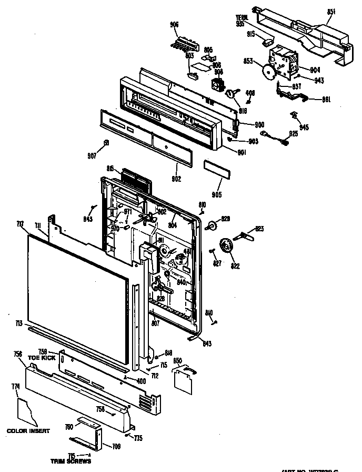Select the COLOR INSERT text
(28, 431)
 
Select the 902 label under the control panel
(176, 179)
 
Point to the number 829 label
(226, 218)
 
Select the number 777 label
(21, 224)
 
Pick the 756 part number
(17, 355)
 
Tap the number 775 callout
(138, 438)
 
